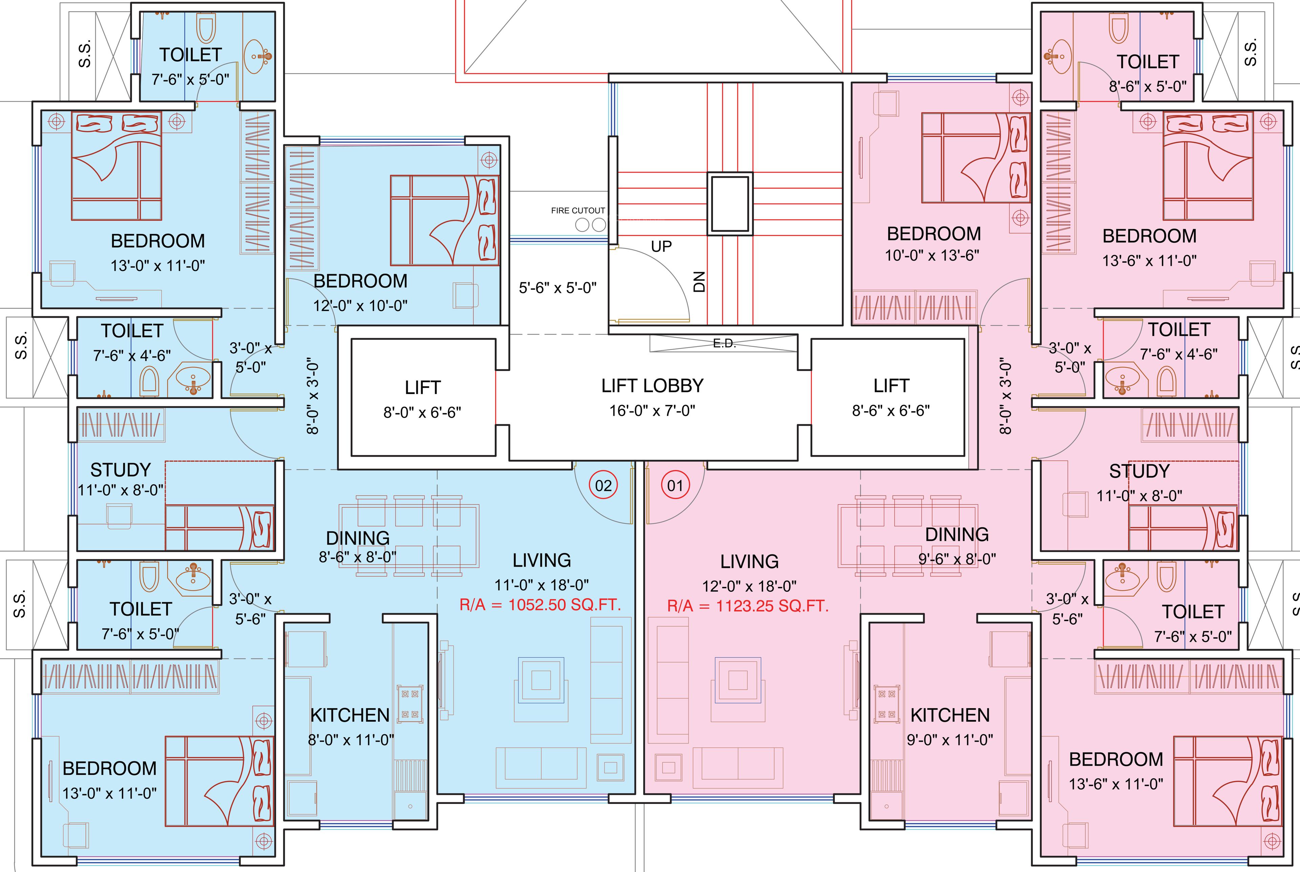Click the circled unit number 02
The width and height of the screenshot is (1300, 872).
click(603, 485)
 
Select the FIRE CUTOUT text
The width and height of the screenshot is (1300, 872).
click(578, 211)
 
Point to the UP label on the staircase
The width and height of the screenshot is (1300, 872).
click(661, 246)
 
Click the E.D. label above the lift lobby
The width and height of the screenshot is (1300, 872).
click(724, 344)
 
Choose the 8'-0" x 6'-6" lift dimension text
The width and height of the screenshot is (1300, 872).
click(422, 413)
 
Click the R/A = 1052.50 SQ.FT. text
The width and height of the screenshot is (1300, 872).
click(540, 605)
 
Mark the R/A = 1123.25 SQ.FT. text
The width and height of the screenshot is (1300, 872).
click(748, 606)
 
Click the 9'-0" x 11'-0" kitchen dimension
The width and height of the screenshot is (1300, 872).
click(950, 740)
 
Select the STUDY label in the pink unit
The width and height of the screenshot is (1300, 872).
click(1139, 471)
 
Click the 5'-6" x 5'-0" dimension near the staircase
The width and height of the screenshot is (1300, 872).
click(558, 288)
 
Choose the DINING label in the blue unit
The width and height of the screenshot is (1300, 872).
click(357, 538)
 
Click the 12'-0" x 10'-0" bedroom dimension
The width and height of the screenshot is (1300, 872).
click(360, 306)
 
